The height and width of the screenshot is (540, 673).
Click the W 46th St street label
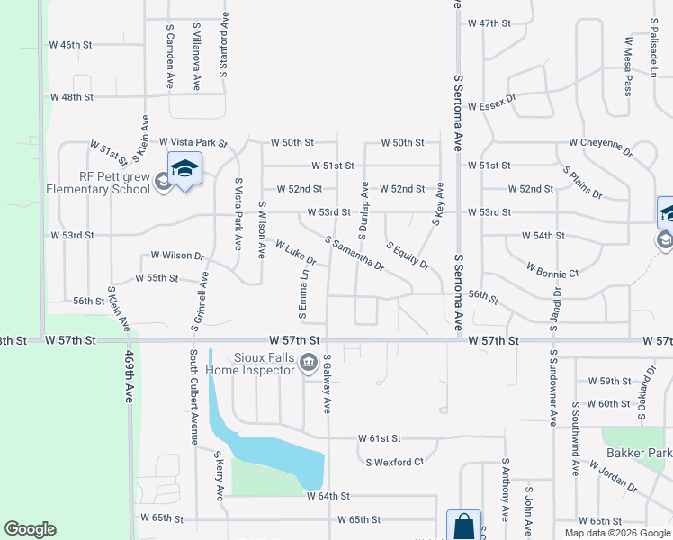[71, 44]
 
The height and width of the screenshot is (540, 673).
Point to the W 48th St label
[72, 96]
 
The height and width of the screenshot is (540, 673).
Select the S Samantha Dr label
[354, 255]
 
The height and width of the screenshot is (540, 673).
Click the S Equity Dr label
[408, 256]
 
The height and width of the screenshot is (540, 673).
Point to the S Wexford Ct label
[394, 462]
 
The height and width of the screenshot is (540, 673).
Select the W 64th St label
[328, 496]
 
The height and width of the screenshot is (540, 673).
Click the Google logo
[30, 529]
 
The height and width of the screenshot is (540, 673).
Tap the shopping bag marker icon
[463, 526]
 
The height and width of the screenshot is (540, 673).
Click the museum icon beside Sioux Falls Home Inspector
[308, 364]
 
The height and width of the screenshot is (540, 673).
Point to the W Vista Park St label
[193, 143]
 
